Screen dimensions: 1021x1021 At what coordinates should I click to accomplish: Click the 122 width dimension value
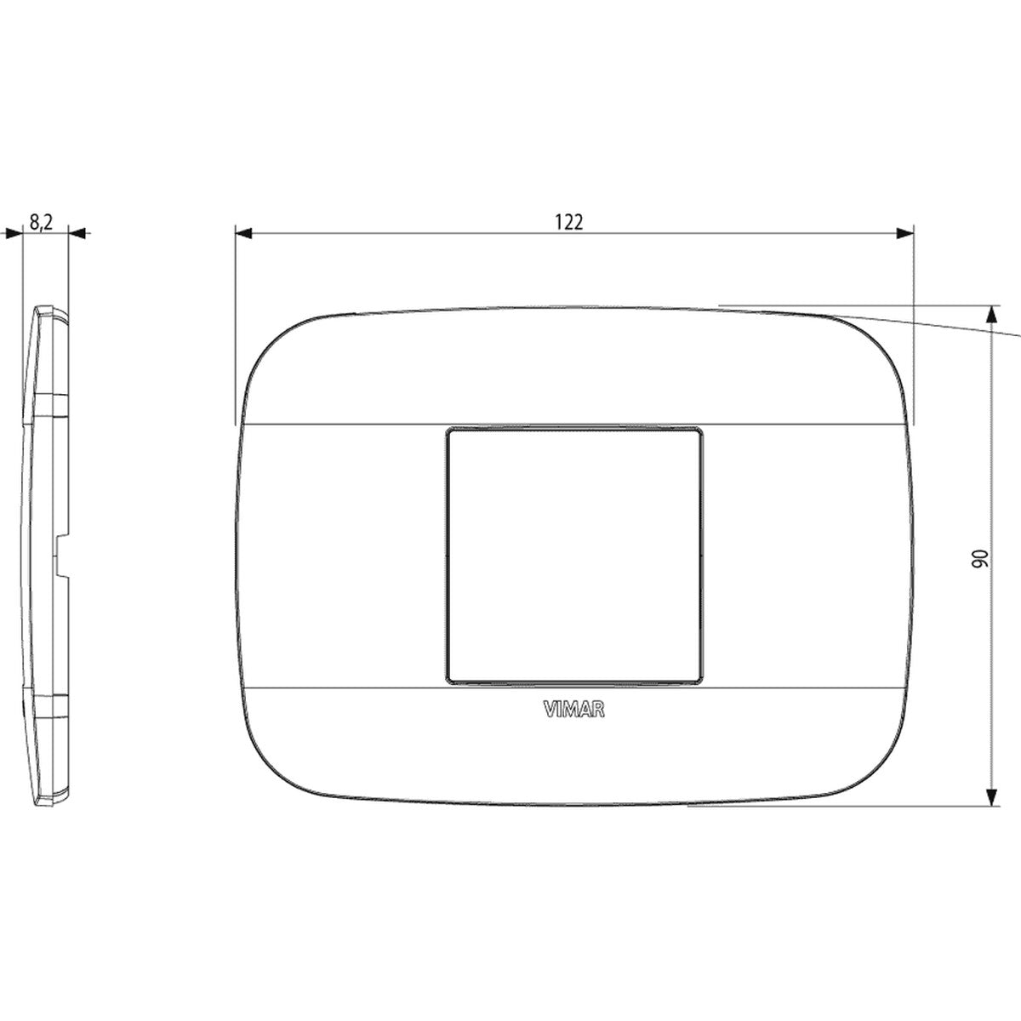pyautogui.click(x=569, y=222)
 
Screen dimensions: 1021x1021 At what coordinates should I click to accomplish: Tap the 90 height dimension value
pyautogui.click(x=979, y=559)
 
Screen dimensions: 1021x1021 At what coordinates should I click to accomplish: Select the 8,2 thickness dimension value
pyautogui.click(x=42, y=222)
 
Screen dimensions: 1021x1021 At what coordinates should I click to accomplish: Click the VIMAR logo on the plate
pyautogui.click(x=573, y=710)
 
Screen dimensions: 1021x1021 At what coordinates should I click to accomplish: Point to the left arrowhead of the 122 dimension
pyautogui.click(x=243, y=233)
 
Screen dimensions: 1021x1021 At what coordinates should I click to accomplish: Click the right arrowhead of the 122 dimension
pyautogui.click(x=905, y=233)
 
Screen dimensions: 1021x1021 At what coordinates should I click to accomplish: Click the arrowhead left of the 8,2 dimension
pyautogui.click(x=14, y=233)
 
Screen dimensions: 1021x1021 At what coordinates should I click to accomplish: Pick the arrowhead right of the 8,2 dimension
pyautogui.click(x=77, y=233)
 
